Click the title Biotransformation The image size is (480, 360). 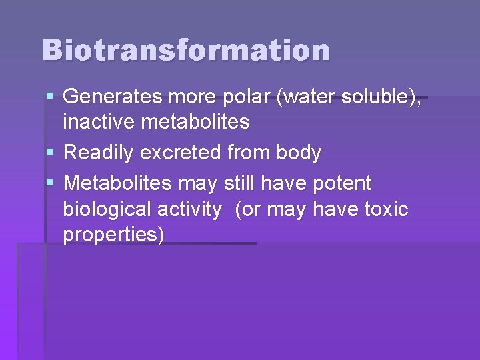(x=185, y=50)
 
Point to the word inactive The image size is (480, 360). (x=93, y=122)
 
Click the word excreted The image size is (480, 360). (x=181, y=153)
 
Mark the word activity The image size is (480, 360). (x=189, y=209)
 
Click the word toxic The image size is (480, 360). (x=386, y=209)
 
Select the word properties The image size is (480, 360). (x=113, y=236)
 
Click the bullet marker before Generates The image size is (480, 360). (x=51, y=97)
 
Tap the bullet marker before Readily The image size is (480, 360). (x=51, y=153)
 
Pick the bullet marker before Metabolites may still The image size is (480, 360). (x=51, y=183)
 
